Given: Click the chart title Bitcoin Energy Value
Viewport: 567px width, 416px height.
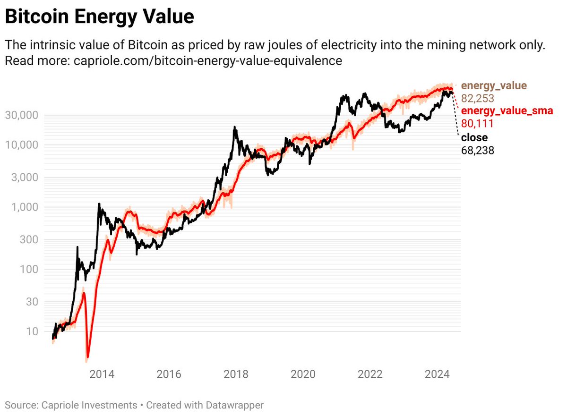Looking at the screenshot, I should click(99, 17).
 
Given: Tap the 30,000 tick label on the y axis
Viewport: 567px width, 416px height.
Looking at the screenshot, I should click(23, 115).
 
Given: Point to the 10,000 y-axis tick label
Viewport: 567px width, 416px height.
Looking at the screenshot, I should click(23, 145).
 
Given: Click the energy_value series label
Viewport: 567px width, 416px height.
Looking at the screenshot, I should click(494, 86).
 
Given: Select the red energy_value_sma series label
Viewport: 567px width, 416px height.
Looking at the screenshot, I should click(507, 111).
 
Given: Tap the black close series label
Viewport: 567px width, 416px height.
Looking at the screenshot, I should click(474, 137).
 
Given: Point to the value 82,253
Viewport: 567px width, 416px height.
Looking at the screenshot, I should click(478, 99).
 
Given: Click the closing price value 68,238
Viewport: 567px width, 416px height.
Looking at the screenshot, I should click(478, 150).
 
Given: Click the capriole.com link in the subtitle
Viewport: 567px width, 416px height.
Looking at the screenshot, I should click(208, 61).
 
